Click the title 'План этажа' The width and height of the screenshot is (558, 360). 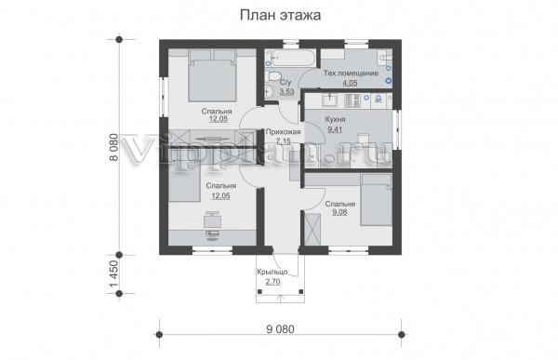pyautogui.click(x=280, y=15)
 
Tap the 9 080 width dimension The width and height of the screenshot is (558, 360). pyautogui.click(x=281, y=329)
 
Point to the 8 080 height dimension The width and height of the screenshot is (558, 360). pyautogui.click(x=113, y=147)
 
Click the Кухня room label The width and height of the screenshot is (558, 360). pyautogui.click(x=335, y=119)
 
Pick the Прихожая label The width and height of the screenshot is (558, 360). pyautogui.click(x=284, y=132)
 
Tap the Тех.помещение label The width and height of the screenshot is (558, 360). pyautogui.click(x=351, y=73)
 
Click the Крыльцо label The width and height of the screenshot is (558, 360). pyautogui.click(x=272, y=272)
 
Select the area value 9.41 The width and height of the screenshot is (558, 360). pyautogui.click(x=335, y=129)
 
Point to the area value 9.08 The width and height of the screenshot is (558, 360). pyautogui.click(x=339, y=212)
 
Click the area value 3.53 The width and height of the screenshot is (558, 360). pyautogui.click(x=286, y=92)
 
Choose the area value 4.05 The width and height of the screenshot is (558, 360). pyautogui.click(x=350, y=83)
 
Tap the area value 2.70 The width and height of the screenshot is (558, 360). pyautogui.click(x=272, y=282)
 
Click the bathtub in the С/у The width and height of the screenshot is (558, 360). pyautogui.click(x=293, y=58)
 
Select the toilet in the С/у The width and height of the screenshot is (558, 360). pyautogui.click(x=274, y=75)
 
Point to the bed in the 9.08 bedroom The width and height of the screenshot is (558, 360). pyautogui.click(x=376, y=200)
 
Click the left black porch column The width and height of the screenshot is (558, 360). pyautogui.click(x=259, y=292)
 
